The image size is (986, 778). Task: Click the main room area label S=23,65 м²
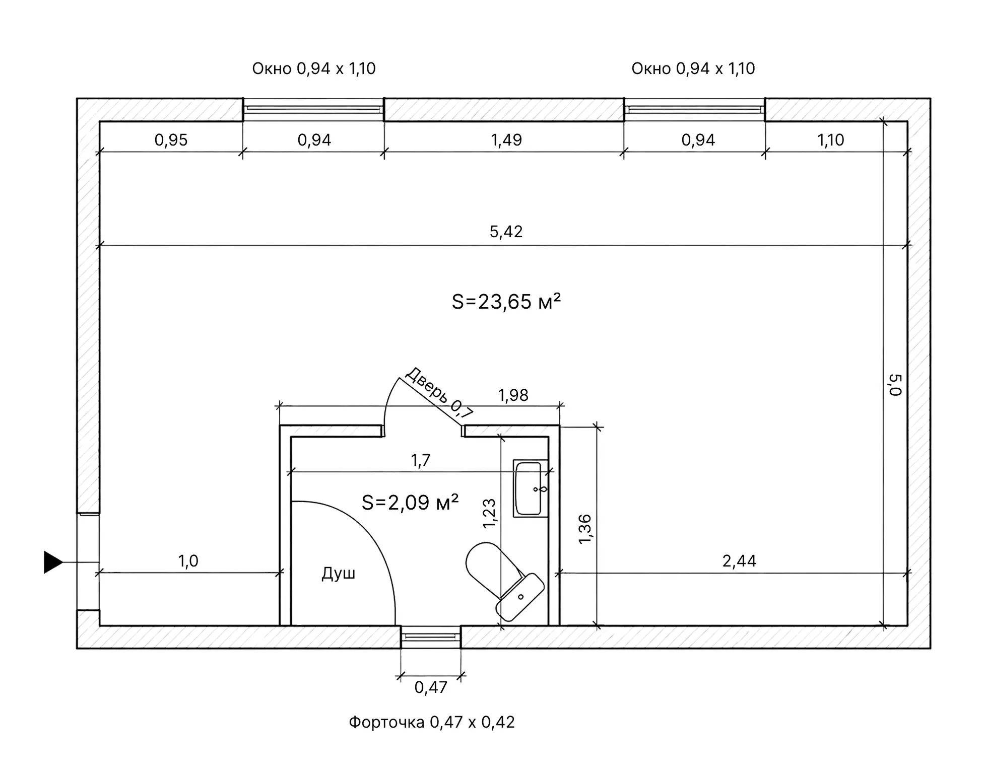click(x=506, y=302)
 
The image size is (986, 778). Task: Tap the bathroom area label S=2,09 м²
click(x=410, y=502)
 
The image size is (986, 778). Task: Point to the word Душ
click(x=339, y=573)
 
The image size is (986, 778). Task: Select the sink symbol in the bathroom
click(x=530, y=488)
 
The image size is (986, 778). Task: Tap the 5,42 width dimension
click(x=506, y=232)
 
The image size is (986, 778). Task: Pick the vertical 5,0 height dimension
click(x=895, y=385)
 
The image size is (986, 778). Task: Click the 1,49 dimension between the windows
click(x=506, y=139)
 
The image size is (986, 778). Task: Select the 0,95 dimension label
click(x=171, y=139)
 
